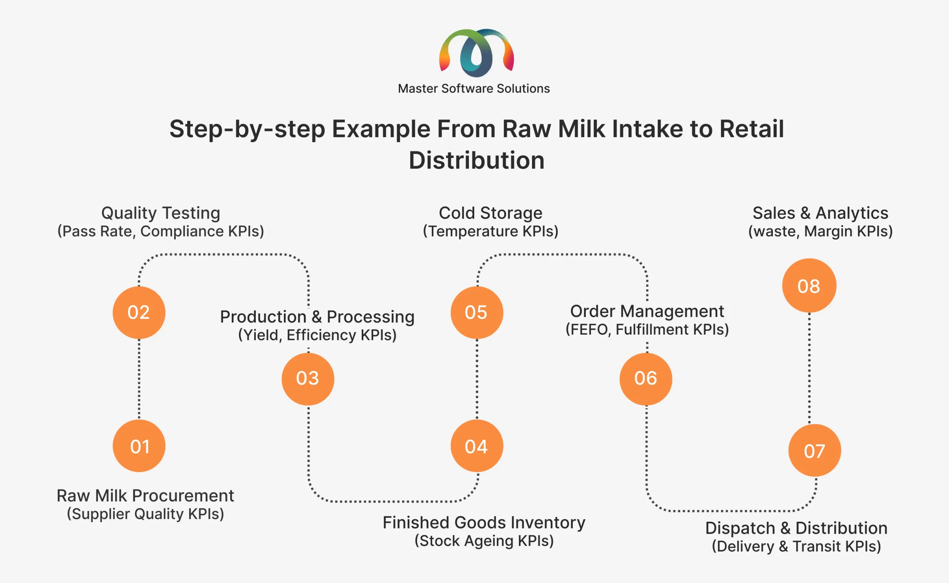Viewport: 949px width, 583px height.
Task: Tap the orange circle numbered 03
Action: (x=308, y=379)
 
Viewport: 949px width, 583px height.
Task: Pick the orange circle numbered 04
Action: (x=477, y=446)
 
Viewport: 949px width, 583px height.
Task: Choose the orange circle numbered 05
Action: (x=477, y=312)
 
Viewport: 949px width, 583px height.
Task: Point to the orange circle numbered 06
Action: (x=645, y=379)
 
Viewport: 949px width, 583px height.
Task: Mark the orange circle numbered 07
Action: (x=814, y=450)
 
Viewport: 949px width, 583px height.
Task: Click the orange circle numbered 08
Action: (x=809, y=285)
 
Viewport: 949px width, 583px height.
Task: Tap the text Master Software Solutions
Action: (x=474, y=89)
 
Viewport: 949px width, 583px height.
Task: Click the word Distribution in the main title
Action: (x=477, y=160)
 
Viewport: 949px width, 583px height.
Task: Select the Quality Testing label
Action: (x=161, y=213)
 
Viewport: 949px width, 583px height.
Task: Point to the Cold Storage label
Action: (x=490, y=213)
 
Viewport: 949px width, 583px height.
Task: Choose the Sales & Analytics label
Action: (x=820, y=213)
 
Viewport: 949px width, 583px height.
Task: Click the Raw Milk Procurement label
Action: (x=145, y=496)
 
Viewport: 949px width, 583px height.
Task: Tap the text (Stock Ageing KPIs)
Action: (x=484, y=541)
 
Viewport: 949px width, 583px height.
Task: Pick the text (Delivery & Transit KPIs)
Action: (x=796, y=546)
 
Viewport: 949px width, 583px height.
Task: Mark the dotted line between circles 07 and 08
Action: (x=809, y=368)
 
